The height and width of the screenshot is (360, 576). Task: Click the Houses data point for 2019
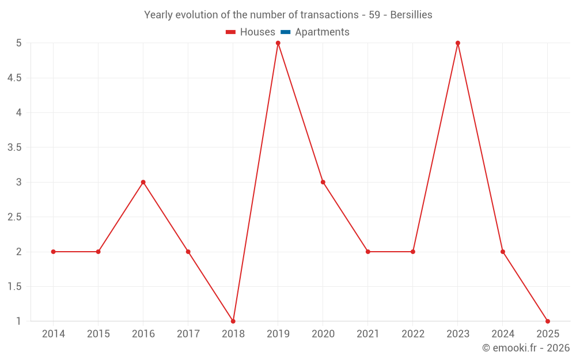[278, 43]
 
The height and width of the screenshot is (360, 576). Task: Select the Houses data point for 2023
[458, 43]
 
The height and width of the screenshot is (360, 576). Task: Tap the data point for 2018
[233, 321]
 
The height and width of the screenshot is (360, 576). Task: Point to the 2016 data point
[143, 182]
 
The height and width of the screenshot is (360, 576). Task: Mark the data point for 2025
[548, 321]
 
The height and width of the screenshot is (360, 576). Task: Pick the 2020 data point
[323, 182]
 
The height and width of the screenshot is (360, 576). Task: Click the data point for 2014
[54, 252]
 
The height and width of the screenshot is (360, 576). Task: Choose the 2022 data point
[413, 252]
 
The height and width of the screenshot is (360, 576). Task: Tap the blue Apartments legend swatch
[286, 32]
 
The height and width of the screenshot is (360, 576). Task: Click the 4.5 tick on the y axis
[14, 78]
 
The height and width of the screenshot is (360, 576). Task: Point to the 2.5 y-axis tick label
[14, 217]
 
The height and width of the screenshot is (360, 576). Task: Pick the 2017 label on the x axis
[188, 334]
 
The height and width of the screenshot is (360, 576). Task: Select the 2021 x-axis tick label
[368, 334]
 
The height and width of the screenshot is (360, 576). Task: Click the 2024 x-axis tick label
[503, 334]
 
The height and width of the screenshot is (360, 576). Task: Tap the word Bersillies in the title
[411, 15]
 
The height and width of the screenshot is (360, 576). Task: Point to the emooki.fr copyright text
[526, 348]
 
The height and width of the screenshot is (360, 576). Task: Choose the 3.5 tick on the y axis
[14, 147]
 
